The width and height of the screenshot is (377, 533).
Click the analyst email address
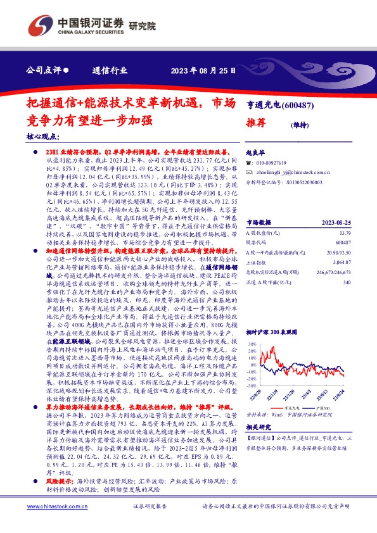[x=291, y=172]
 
